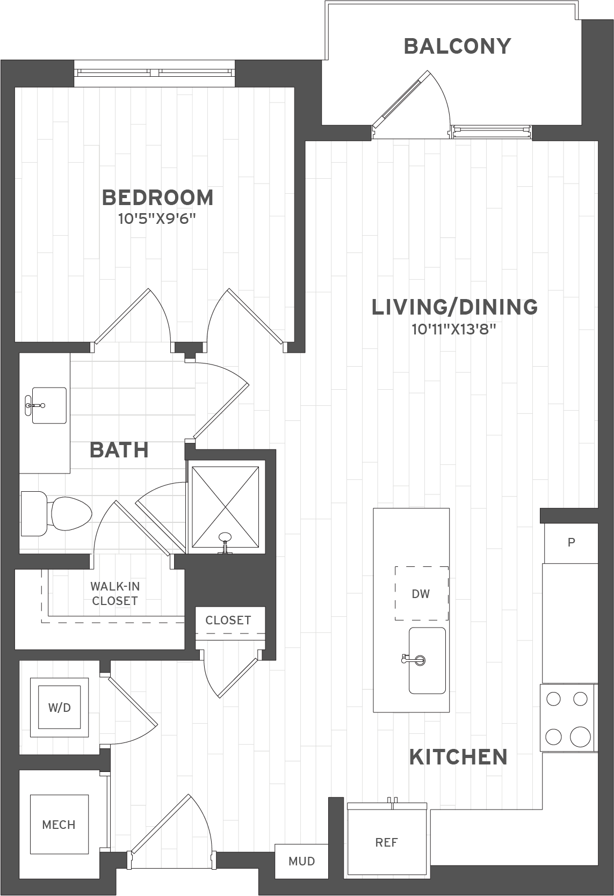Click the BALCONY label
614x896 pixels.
(x=457, y=46)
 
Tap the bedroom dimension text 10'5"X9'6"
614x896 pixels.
(x=157, y=219)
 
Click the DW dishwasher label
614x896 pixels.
(x=421, y=594)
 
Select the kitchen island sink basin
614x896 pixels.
(x=427, y=660)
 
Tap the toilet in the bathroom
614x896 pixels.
(x=56, y=514)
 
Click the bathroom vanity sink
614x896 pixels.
(x=49, y=405)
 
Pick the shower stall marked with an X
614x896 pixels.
(x=225, y=507)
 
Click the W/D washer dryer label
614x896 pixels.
(x=59, y=708)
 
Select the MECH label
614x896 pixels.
(x=59, y=825)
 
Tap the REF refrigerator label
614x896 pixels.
(x=386, y=843)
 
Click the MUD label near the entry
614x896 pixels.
(x=302, y=861)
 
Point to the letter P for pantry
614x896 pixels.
(x=571, y=542)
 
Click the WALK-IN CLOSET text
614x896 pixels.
(x=115, y=594)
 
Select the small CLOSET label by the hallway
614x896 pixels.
(x=228, y=621)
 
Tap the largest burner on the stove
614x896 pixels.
(x=580, y=737)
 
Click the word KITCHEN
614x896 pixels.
(x=458, y=757)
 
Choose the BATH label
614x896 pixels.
(x=119, y=450)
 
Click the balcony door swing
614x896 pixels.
(x=412, y=105)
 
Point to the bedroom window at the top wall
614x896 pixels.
(x=155, y=73)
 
